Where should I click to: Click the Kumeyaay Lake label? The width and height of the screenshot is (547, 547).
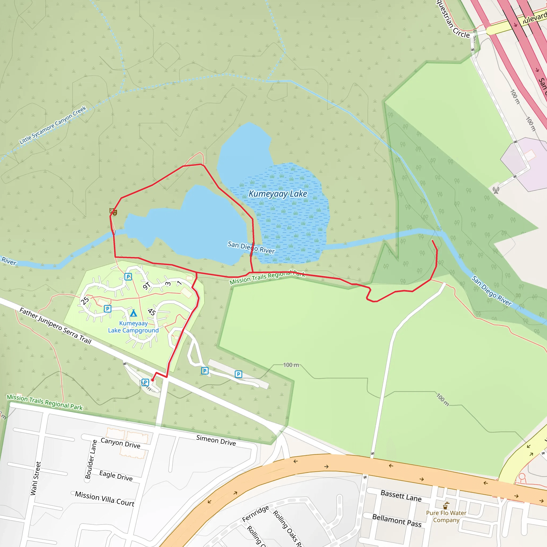[x=278, y=194]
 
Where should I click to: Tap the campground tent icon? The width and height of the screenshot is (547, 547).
[x=133, y=313]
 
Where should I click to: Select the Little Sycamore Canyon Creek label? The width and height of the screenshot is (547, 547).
[x=53, y=125]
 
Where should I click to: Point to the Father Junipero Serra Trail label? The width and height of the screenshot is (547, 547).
[x=55, y=326]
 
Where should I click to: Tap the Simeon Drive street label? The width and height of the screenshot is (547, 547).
[x=216, y=440]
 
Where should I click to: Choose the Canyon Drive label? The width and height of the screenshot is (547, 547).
[x=120, y=443]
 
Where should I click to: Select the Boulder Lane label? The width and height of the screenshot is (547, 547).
[x=91, y=459]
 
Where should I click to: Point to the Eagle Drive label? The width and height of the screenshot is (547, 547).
[x=116, y=476]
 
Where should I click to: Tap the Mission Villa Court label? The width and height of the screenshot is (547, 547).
[x=104, y=499]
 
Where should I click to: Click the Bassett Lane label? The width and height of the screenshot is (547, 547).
[x=401, y=496]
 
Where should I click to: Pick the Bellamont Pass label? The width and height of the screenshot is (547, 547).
[x=397, y=520]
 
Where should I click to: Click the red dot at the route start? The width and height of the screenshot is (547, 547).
[x=152, y=380]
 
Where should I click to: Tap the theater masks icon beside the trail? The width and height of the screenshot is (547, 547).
[x=113, y=212]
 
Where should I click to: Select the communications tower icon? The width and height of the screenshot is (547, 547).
[x=496, y=190]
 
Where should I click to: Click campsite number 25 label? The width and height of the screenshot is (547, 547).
[x=85, y=300]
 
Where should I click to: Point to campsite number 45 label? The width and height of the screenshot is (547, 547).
[x=152, y=312]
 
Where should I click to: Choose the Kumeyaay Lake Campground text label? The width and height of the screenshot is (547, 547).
[x=133, y=327]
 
